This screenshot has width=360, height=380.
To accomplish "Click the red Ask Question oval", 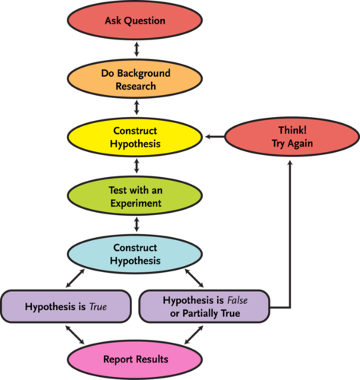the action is coord(134,21).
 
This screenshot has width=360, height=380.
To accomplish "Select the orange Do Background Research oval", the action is coord(134,79).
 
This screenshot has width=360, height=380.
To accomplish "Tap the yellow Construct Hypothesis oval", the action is coord(134,137).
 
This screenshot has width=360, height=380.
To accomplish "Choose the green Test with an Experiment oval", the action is coord(134,195).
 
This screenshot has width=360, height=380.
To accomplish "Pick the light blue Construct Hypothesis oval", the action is coord(134,254).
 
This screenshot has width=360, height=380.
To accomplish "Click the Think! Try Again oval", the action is coord(292,137).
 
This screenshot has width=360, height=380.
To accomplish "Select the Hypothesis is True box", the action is coord(66,306).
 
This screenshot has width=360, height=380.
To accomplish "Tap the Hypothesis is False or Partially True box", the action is coord(204,306).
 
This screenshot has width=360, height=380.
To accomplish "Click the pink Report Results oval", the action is coord(134,359).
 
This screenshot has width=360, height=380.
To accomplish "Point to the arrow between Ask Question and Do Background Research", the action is coord(137,49).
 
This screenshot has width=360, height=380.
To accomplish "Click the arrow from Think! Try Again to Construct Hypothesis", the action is coord(215,137).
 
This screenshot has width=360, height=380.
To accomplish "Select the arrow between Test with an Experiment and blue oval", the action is coord(137,225).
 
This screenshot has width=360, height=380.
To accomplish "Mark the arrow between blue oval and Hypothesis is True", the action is coord(75,278).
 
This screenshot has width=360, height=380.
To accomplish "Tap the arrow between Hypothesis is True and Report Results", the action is coord(75,334).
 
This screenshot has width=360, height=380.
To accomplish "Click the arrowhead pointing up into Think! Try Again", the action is coord(290,163).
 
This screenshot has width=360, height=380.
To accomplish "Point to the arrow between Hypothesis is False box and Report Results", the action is coord(194,334).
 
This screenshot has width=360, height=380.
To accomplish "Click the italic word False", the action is coord(237,300).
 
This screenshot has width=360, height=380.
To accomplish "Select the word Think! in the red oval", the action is coord(292,130).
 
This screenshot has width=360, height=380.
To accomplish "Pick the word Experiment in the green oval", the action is coord(136,204).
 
